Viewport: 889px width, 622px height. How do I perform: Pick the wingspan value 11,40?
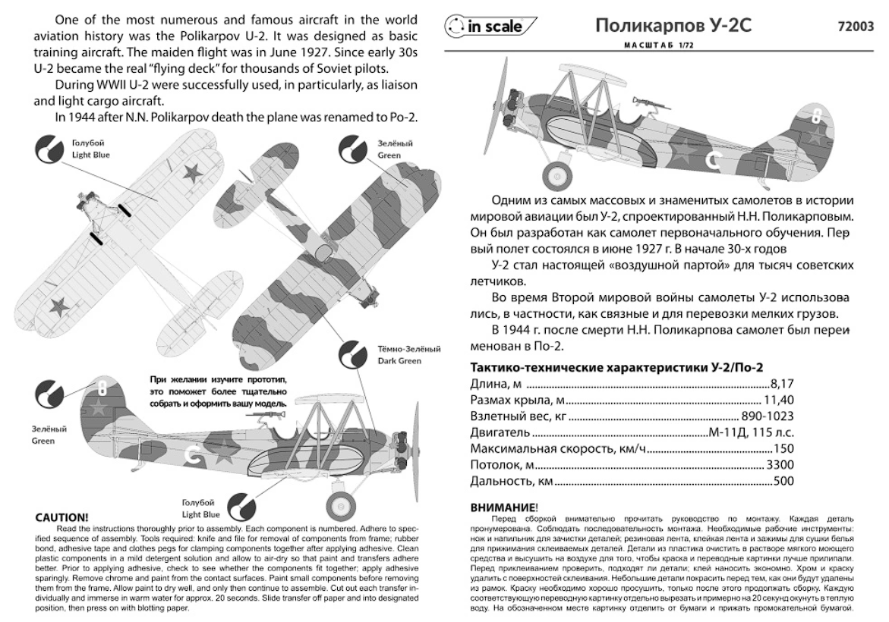click(778, 401)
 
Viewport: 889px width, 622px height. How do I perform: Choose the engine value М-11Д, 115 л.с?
click(750, 432)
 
